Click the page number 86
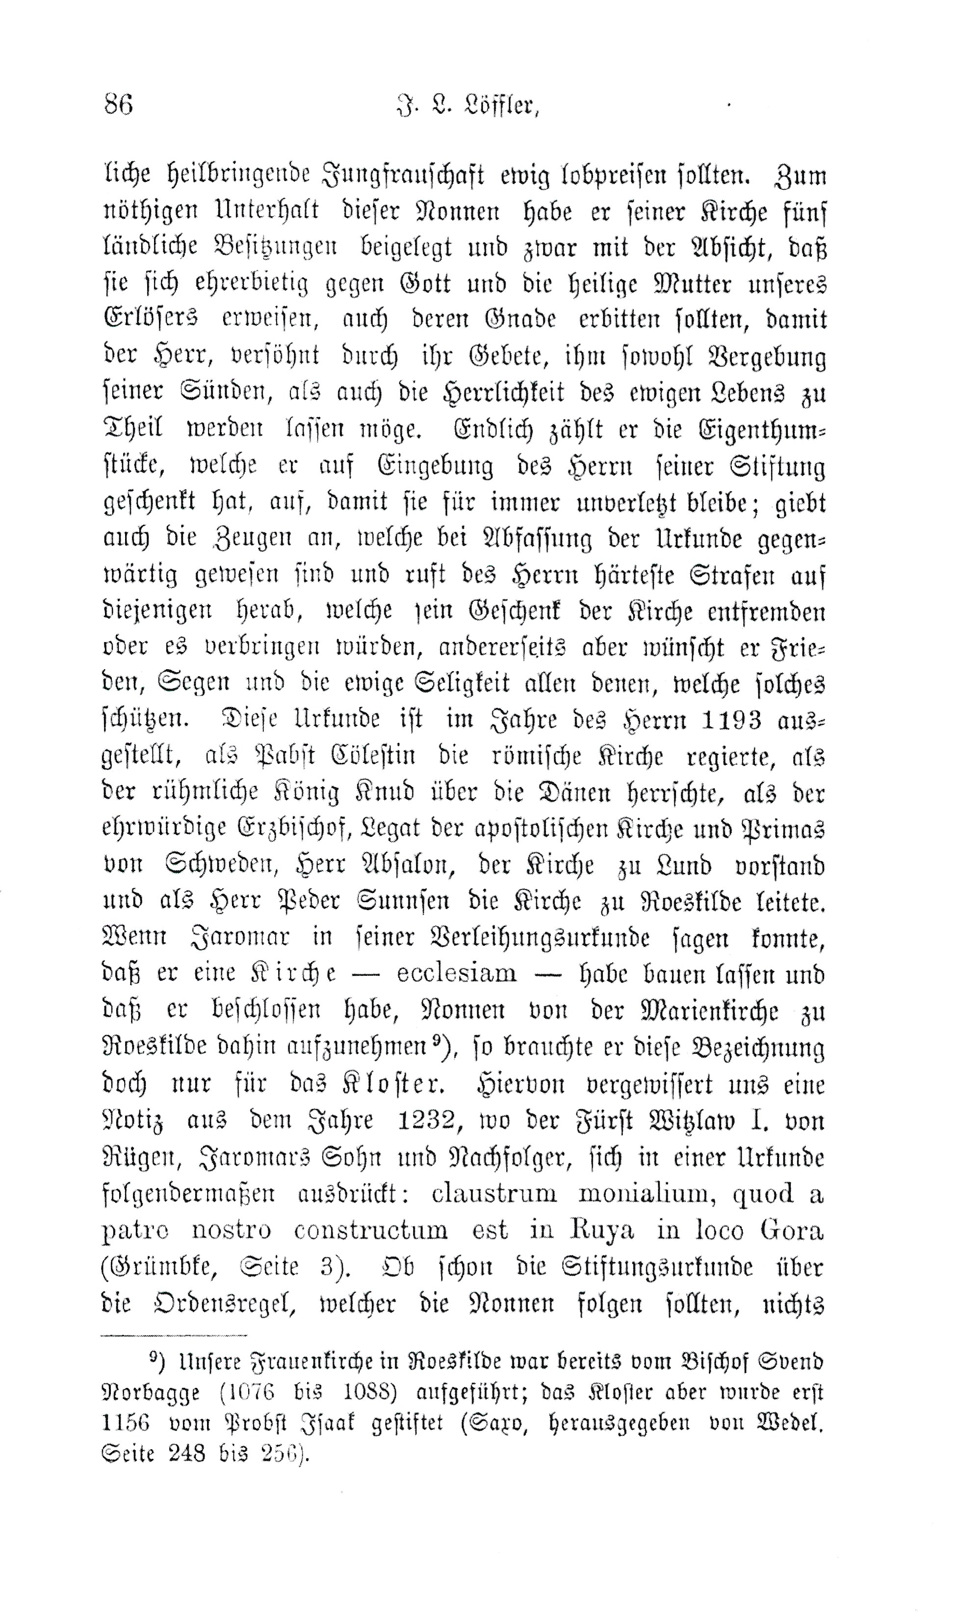pyautogui.click(x=118, y=104)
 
